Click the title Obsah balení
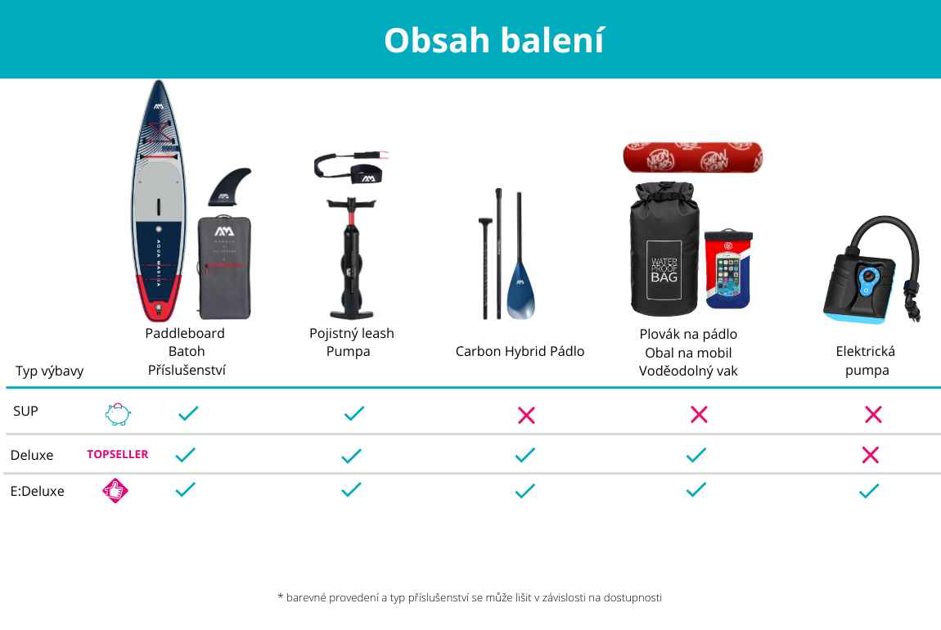pos(494,40)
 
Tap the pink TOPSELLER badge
pos(118,454)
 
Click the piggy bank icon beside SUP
pos(118,414)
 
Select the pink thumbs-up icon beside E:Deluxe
pos(115,491)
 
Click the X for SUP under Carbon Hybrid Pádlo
pos(526,415)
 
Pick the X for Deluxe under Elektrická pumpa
pos(870,455)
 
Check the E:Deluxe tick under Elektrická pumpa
pos(869,491)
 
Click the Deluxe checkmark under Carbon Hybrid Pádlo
pos(525,455)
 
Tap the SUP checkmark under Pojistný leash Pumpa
pos(354,413)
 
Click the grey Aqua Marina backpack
pos(224,268)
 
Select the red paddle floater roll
pos(692,157)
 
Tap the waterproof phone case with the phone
pos(728,268)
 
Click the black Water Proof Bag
pos(664,249)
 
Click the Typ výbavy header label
pos(50,371)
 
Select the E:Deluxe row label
pos(37,491)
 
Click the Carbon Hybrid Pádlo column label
pos(520,351)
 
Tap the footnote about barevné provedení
pos(470,597)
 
